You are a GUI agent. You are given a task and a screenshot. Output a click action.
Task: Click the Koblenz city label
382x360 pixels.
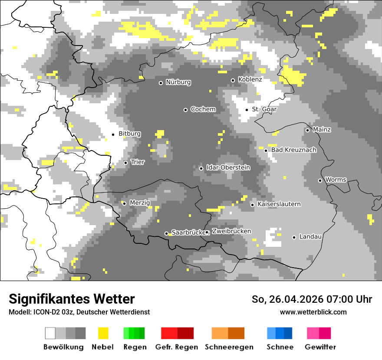250,80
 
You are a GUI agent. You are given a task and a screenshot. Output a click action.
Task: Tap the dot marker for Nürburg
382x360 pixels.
161,83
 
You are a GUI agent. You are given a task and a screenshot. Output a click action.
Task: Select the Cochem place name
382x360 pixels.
203,109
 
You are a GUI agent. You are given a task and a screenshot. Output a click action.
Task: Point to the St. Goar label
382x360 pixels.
264,109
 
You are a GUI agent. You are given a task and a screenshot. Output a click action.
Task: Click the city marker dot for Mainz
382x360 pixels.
307,130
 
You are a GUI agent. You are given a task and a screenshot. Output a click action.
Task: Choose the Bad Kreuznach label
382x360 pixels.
294,150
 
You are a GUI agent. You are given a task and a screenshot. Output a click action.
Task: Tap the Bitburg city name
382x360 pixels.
129,134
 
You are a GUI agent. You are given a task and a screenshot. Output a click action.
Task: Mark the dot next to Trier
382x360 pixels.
125,163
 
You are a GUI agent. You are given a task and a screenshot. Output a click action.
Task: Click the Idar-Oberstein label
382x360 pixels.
228,167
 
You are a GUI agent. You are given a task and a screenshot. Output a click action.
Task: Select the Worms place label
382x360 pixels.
336,180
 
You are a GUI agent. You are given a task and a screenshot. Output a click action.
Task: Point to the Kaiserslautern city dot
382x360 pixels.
252,205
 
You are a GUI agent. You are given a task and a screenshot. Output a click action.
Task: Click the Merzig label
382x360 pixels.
140,203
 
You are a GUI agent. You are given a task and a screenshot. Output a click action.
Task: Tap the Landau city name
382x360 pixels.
310,237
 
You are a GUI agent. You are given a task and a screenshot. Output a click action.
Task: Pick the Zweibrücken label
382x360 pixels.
232,231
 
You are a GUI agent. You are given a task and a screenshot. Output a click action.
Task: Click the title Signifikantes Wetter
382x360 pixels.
72,299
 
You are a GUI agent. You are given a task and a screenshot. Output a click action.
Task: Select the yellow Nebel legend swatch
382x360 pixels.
103,333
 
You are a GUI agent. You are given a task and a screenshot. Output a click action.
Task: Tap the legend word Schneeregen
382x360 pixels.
229,347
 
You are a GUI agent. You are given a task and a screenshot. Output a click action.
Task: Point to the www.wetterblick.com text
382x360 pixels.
313,312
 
